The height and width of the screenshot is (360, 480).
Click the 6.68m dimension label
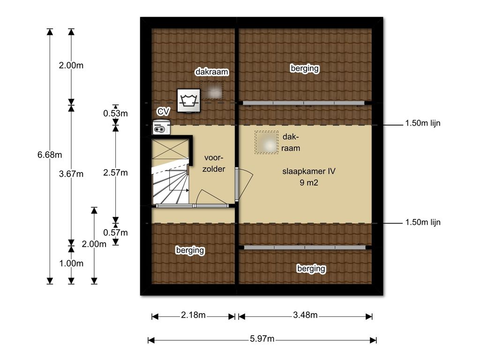[50, 155]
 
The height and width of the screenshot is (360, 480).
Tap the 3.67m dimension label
[71, 174]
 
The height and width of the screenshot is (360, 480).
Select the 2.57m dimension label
[115, 172]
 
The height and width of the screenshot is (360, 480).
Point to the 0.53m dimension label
[115, 113]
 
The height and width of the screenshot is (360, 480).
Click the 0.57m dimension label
[115, 232]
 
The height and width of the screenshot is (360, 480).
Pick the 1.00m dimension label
[71, 263]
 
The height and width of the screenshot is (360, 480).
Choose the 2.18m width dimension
[193, 315]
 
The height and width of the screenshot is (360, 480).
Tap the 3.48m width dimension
[305, 315]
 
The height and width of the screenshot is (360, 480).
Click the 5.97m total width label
[262, 338]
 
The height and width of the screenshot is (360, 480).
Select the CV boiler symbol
[162, 127]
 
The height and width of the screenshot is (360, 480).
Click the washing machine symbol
[189, 100]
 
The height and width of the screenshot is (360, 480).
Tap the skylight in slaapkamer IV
[266, 142]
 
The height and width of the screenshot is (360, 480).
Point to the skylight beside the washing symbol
[212, 90]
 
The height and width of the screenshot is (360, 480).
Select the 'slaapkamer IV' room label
[309, 171]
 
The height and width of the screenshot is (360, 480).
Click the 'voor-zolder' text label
[214, 163]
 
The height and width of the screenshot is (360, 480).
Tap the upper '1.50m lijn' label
[423, 123]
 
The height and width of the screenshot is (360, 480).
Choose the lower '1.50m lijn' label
[423, 222]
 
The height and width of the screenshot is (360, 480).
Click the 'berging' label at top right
[305, 68]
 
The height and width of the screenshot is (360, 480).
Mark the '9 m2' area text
[309, 183]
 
